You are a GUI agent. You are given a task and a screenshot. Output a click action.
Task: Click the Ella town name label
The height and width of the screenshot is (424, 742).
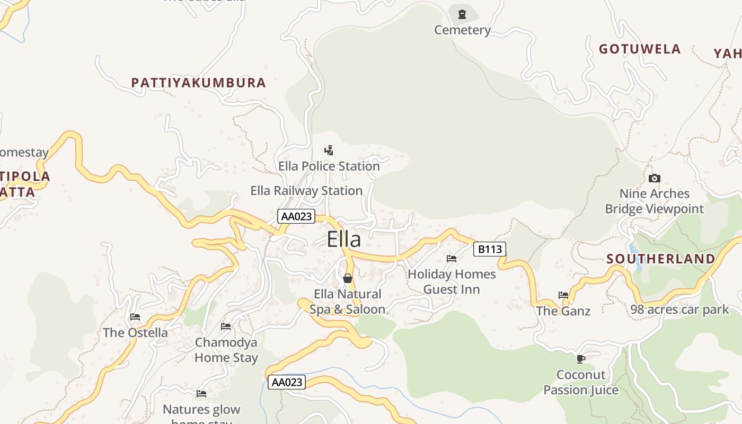pos(344,239)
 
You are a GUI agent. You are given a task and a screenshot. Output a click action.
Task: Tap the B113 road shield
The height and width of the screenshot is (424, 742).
pos(489,249)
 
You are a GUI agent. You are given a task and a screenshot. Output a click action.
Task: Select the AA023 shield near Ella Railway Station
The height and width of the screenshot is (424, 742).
pos(296,216)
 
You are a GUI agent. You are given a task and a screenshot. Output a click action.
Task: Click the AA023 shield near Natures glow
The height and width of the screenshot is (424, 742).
pos(287,382)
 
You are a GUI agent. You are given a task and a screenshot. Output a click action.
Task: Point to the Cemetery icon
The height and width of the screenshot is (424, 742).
pos(462,14)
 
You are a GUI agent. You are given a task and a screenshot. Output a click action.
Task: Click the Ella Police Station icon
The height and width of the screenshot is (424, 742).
pos(329,151)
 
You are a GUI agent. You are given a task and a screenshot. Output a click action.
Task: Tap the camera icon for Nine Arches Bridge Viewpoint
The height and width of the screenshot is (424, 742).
pos(655,178)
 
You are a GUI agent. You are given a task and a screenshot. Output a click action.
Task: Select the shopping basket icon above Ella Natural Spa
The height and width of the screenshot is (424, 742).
pos(348,278)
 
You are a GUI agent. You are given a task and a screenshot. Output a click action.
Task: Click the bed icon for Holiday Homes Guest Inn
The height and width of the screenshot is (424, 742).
pos(452,259)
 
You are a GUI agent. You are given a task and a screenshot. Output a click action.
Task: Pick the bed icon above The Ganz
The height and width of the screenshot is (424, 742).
pos(563,295)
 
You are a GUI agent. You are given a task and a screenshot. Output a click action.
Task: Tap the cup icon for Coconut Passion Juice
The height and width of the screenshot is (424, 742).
pos(581,359)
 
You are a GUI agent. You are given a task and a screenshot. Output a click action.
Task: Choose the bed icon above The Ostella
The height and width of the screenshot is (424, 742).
pos(135,317)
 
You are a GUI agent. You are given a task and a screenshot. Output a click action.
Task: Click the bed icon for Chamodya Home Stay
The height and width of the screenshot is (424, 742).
pos(226,326)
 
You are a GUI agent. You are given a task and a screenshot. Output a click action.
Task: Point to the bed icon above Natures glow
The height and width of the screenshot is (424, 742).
pos(201,393)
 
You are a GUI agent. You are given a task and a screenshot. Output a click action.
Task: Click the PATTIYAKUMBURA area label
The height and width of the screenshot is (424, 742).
pos(198,83)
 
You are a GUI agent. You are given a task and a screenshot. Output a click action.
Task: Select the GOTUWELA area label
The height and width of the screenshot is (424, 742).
pos(640,49)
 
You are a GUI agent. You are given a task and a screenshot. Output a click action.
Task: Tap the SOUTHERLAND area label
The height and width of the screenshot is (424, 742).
pos(661,259)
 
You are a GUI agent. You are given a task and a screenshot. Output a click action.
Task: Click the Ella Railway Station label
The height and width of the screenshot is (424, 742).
pos(306,191)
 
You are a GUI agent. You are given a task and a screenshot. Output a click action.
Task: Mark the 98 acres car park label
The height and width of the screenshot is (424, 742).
pos(680,310)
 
